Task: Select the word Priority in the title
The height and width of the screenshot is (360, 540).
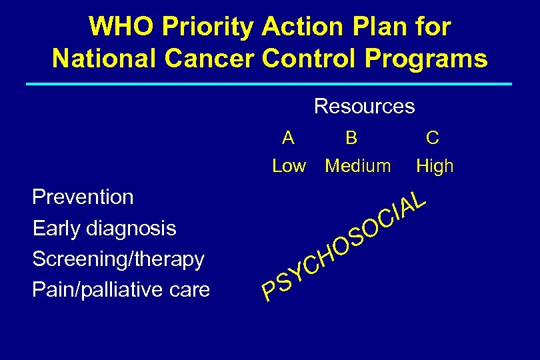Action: tap(201, 27)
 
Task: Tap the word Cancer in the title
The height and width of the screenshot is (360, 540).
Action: tap(215, 58)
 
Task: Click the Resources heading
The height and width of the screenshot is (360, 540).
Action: tap(364, 106)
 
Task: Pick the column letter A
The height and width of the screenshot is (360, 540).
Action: tap(288, 138)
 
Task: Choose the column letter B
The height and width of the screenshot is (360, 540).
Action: tap(351, 138)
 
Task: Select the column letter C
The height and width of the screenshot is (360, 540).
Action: tap(433, 138)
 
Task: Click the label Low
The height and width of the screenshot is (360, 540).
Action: tap(289, 166)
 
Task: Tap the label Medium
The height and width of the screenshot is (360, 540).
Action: tap(358, 166)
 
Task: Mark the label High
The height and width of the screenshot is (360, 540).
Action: tap(435, 166)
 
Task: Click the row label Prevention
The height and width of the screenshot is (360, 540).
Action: tap(83, 197)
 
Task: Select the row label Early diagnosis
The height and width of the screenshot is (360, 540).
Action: tap(104, 229)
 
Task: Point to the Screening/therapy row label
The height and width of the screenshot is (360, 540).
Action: tap(118, 259)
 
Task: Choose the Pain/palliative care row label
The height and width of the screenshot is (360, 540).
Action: tap(121, 290)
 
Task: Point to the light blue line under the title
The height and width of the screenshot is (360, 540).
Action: tap(269, 84)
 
